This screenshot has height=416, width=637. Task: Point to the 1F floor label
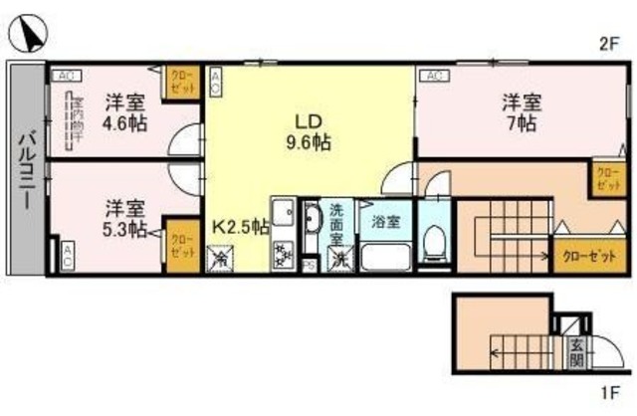click(x=609, y=392)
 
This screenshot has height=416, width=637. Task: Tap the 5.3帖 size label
click(x=124, y=229)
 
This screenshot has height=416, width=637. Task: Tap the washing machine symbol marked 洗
click(x=339, y=259)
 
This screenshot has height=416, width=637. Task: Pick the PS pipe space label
click(x=310, y=265)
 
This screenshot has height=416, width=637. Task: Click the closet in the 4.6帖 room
click(x=181, y=81)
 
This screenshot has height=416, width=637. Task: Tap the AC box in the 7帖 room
click(x=433, y=74)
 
